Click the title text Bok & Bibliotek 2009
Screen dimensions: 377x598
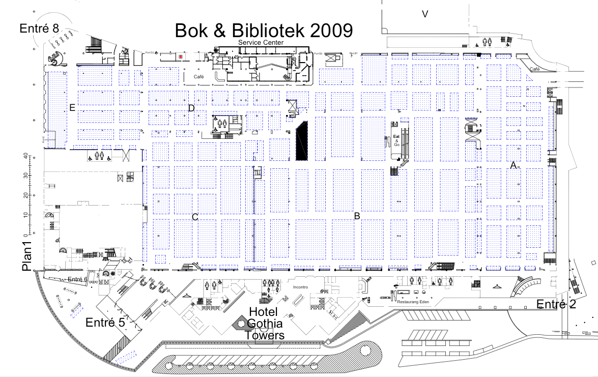coord(264,30)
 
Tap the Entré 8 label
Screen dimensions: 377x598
coord(39,28)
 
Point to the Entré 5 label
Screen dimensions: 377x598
coord(105,323)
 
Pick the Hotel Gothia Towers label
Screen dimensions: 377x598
coord(264,323)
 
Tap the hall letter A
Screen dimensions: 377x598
coord(514,165)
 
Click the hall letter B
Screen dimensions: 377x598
coord(357,216)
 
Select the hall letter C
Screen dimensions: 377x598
coord(194,217)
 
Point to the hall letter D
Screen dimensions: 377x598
coord(191,108)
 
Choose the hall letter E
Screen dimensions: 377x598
coord(73,107)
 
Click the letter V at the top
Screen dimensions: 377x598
coord(424,14)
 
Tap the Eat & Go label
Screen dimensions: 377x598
coord(396,140)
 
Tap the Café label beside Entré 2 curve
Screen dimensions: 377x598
coord(535,69)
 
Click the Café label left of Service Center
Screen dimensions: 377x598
coord(198,76)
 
